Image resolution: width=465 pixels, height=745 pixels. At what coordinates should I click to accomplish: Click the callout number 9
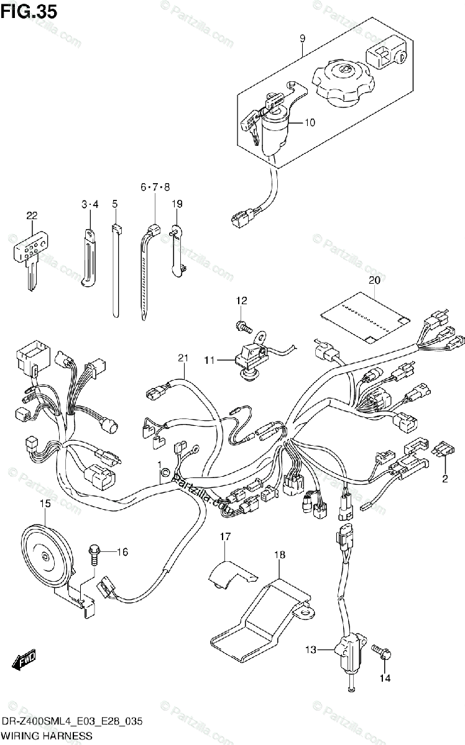click(x=302, y=38)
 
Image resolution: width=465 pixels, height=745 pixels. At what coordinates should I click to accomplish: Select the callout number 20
click(x=374, y=280)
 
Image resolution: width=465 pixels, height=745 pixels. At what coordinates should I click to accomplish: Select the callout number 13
click(x=310, y=649)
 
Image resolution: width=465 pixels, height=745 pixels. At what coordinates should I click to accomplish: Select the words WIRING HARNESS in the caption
click(x=47, y=736)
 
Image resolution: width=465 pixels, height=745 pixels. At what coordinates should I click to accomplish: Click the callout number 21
click(x=182, y=358)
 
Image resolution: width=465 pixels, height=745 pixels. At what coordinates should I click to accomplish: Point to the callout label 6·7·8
click(x=155, y=187)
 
